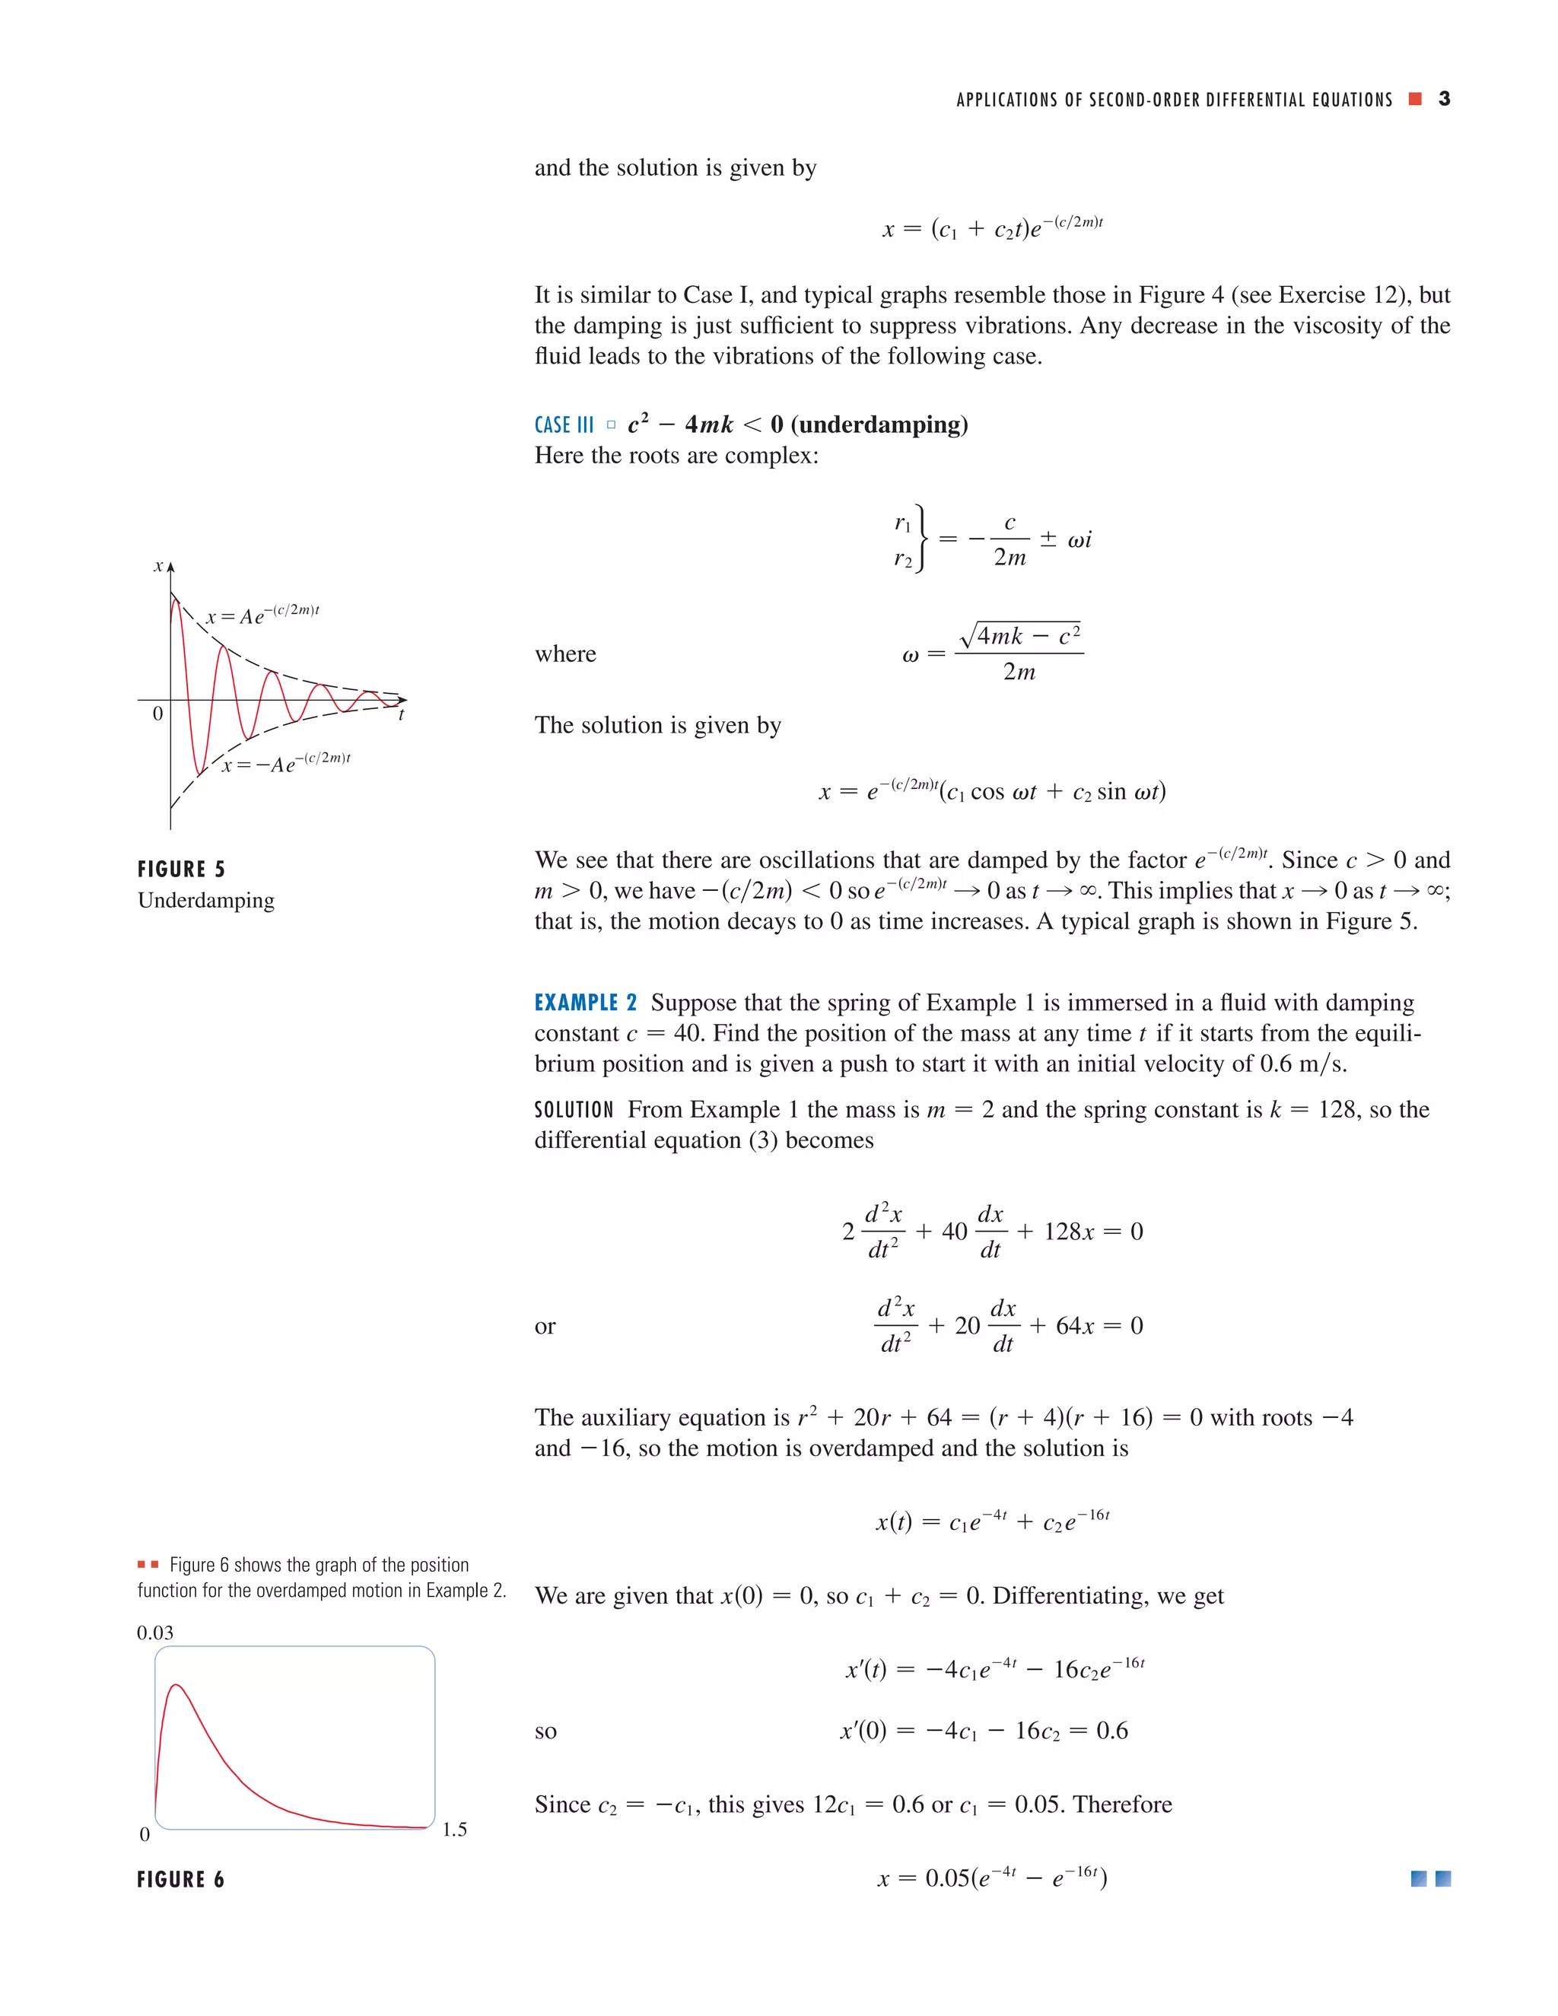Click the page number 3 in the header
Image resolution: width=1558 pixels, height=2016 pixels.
pos(1444,99)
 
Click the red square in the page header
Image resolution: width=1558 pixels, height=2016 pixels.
pos(1415,99)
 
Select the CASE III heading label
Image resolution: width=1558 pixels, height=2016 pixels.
pos(564,425)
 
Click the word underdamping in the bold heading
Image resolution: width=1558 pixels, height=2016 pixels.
pos(879,425)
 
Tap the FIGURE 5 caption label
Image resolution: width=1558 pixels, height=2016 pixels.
pos(181,869)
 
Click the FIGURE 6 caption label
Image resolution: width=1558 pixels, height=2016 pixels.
pos(181,1879)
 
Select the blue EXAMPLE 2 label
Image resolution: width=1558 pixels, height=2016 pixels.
pos(585,1003)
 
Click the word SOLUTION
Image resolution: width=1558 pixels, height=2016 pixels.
pos(573,1109)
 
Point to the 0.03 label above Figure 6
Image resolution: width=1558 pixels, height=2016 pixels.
pos(155,1632)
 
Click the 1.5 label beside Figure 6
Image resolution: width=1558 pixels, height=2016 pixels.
pos(454,1829)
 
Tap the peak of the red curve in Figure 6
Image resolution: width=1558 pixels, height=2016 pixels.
pos(176,1686)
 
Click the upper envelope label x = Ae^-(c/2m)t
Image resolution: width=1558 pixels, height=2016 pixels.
pos(262,615)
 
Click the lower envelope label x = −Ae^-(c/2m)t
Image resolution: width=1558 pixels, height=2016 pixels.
pos(285,763)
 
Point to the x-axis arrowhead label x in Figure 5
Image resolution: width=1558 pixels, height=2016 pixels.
pos(159,566)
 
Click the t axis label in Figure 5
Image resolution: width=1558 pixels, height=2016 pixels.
pos(401,714)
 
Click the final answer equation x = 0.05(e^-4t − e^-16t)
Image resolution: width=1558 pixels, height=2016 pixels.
pos(991,1878)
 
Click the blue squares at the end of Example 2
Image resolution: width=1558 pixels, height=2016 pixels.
pos(1431,1878)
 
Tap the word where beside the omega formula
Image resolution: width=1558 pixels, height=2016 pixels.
pos(565,653)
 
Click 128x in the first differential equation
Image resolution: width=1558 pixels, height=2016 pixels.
pos(1068,1232)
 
